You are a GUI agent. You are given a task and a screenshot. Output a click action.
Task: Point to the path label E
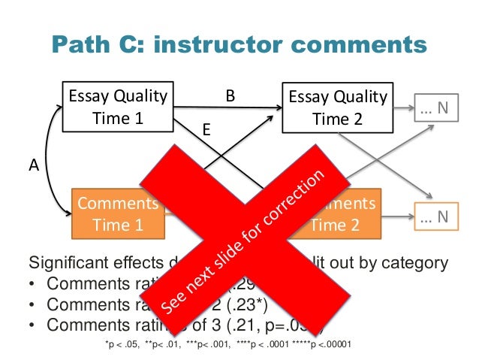207,130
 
